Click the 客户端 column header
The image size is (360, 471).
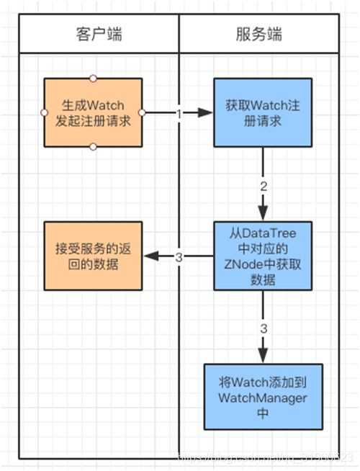[x=98, y=35]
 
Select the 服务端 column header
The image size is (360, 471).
[x=258, y=35]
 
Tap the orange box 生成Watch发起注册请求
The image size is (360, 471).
[x=92, y=112]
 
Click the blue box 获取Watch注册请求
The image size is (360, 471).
[x=262, y=112]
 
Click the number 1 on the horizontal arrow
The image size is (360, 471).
[x=177, y=113]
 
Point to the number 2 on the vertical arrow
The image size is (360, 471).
[x=263, y=186]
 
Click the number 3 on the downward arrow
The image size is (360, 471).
[x=263, y=328]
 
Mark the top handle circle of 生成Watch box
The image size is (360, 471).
[x=92, y=78]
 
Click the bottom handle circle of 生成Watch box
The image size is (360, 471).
[x=92, y=147]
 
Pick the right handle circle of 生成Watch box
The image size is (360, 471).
[x=142, y=112]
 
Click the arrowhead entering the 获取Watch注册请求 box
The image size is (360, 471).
[x=207, y=113]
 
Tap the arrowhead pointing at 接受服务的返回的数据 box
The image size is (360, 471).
[x=148, y=256]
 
